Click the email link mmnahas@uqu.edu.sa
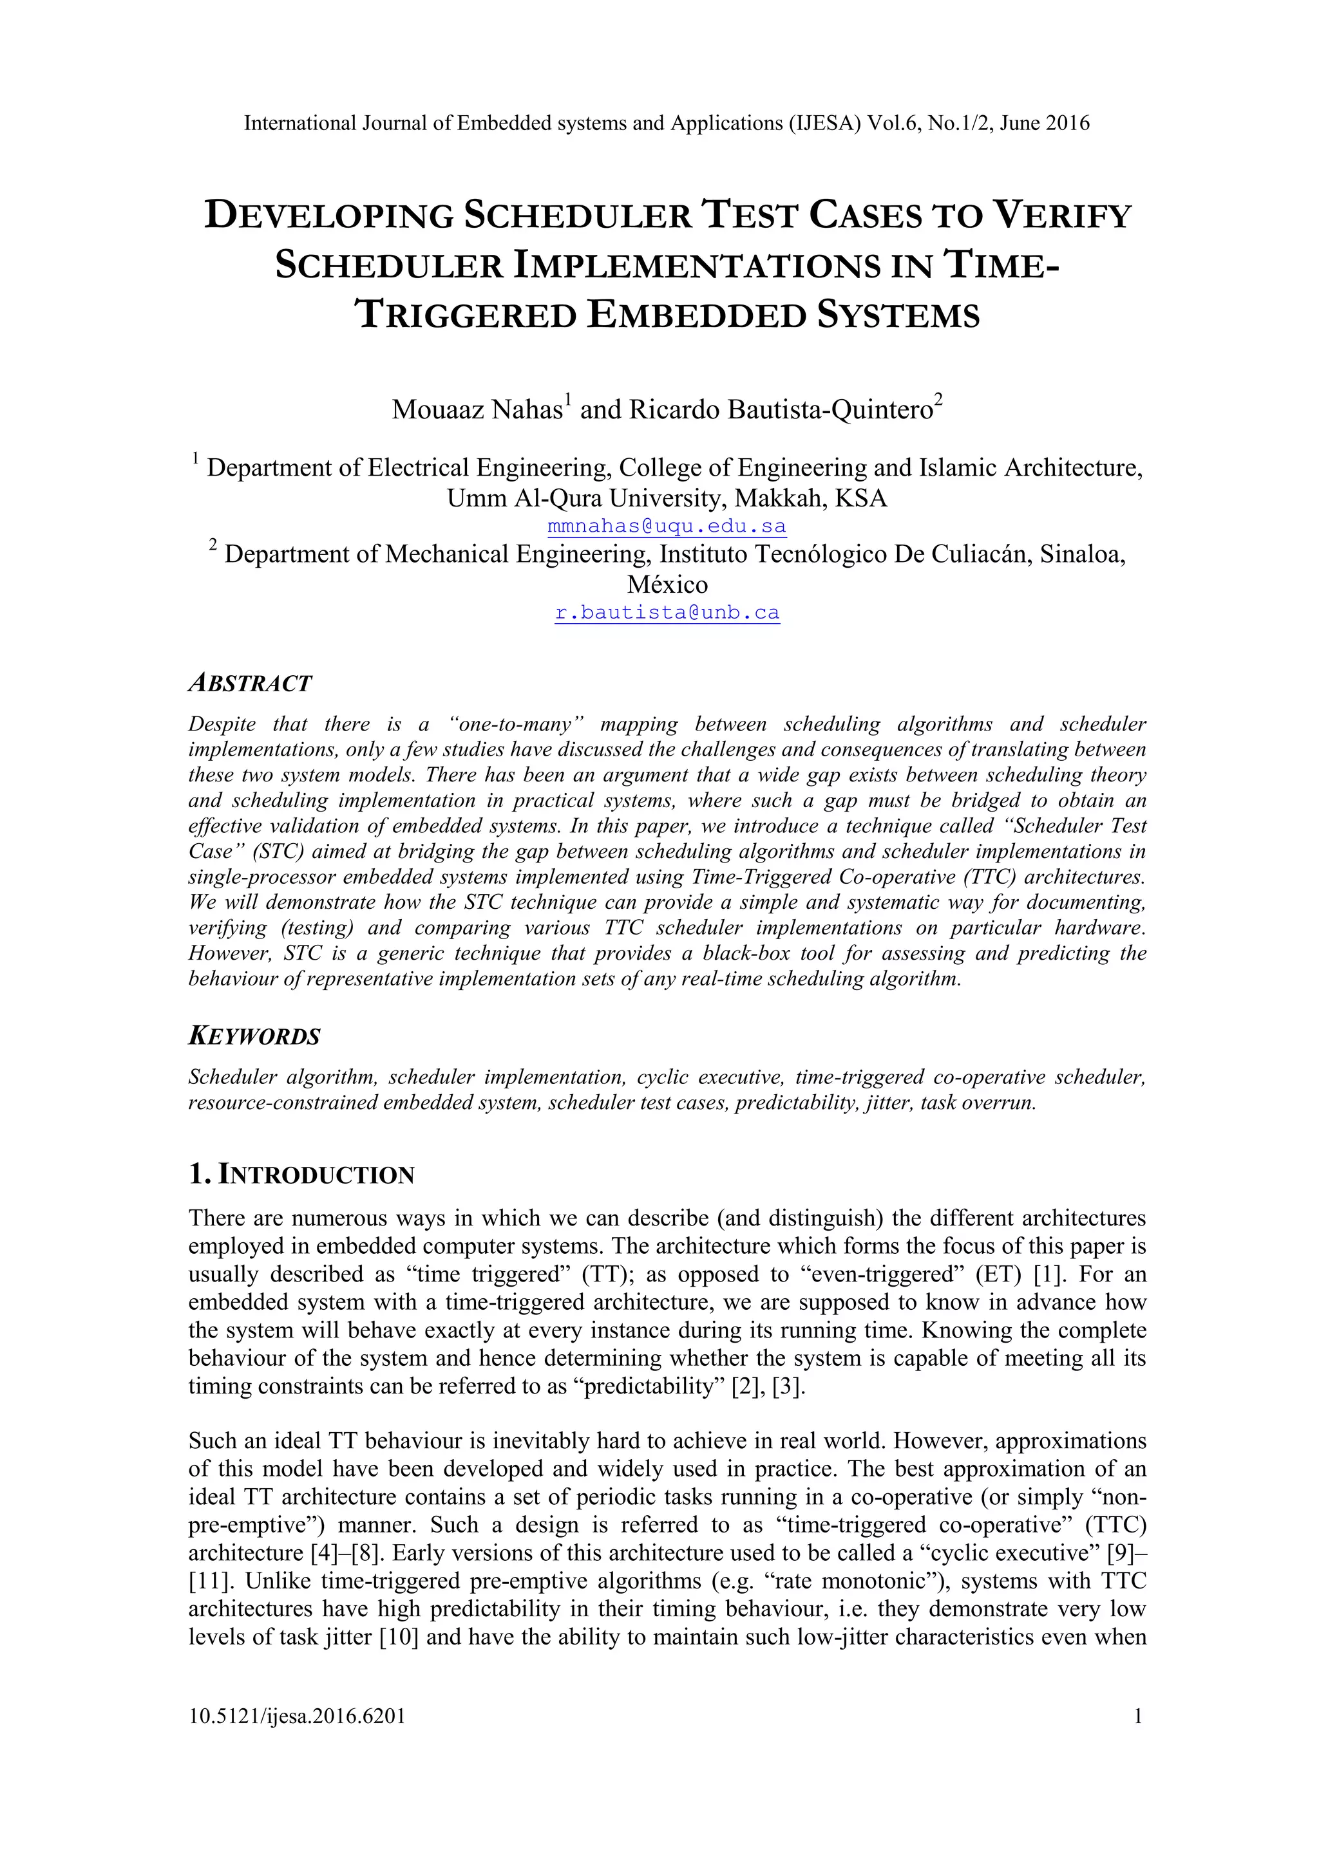(667, 526)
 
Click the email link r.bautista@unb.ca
(667, 612)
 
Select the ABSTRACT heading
(250, 684)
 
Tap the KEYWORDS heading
(254, 1037)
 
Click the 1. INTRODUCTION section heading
(301, 1175)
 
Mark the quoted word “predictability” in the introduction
(654, 1386)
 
